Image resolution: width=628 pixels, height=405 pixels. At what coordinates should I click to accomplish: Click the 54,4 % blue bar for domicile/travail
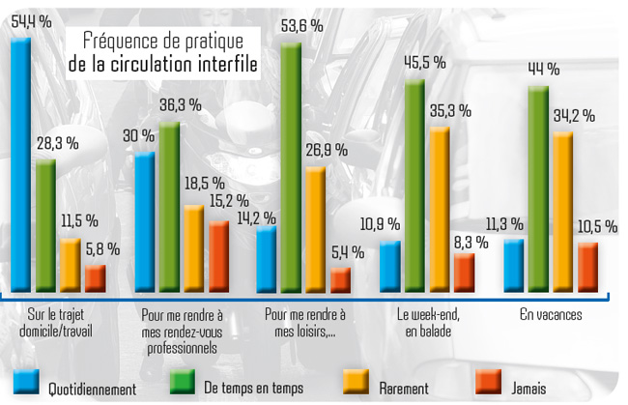(x=20, y=164)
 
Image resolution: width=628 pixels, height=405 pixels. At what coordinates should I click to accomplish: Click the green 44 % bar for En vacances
(x=539, y=188)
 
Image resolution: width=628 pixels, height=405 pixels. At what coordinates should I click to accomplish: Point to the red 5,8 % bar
(x=95, y=276)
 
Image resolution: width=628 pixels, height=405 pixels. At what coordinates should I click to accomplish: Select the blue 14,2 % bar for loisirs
(x=267, y=258)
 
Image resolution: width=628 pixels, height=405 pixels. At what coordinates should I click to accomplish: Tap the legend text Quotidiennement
(x=93, y=389)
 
